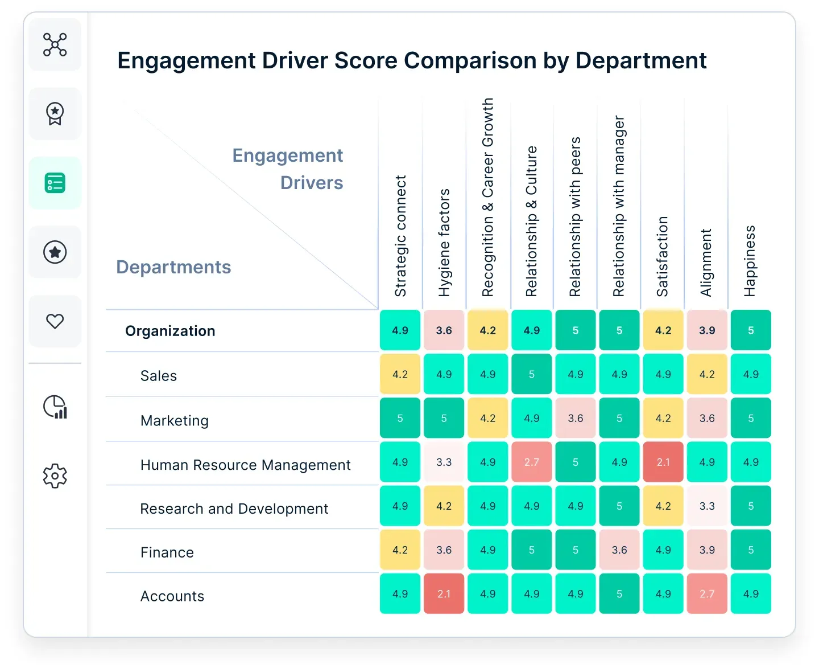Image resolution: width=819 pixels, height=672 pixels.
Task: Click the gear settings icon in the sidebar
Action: pos(55,476)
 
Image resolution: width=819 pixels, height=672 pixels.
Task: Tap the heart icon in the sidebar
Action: pos(55,321)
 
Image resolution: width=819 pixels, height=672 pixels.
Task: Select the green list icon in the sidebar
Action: pos(55,183)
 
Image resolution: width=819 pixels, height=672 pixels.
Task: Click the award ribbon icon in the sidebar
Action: pos(55,113)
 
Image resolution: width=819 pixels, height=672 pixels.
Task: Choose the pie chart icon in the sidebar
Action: pos(55,407)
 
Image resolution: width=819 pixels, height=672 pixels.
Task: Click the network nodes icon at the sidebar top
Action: pos(55,44)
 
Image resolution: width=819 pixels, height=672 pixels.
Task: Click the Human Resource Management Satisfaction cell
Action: pos(663,462)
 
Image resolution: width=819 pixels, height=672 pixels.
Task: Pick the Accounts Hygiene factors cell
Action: pos(444,593)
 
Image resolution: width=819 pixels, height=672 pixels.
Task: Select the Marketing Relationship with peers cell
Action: pos(576,418)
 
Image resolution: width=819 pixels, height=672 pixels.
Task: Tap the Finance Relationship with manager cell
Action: pos(619,550)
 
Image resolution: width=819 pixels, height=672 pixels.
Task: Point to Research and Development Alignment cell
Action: pos(707,506)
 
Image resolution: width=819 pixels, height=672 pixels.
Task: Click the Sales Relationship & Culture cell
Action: pos(532,374)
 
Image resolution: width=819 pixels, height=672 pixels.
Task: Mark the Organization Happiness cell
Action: pos(751,330)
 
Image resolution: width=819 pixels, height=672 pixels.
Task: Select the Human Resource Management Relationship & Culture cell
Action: pos(532,462)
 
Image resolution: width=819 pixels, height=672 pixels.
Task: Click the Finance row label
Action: pos(167,552)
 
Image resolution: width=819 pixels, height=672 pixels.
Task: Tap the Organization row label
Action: pos(170,331)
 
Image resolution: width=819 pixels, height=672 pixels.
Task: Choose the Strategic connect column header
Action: pos(400,236)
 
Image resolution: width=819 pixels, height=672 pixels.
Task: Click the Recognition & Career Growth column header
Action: pos(488,197)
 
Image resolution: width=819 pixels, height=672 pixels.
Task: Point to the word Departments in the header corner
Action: pos(173,267)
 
